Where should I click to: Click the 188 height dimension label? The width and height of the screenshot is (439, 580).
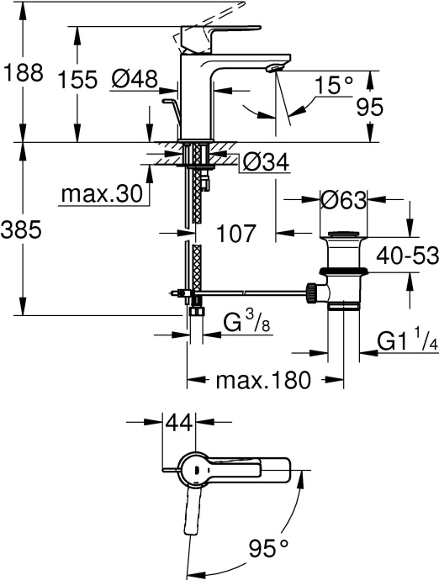(x=23, y=73)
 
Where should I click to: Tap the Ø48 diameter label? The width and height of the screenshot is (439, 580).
(x=135, y=80)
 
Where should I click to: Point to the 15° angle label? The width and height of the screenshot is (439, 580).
(x=333, y=86)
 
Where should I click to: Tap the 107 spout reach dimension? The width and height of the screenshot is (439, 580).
(x=230, y=234)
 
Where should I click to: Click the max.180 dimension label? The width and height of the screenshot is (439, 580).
(x=260, y=379)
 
